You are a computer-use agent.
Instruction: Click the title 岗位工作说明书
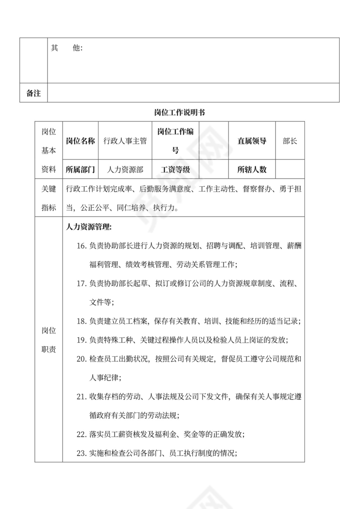coord(180,112)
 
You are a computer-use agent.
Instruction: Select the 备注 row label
coord(33,93)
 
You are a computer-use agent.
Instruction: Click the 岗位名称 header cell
coord(80,141)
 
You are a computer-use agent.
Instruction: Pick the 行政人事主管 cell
coord(125,141)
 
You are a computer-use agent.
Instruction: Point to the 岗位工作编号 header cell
coord(175,141)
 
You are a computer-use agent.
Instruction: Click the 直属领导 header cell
coord(252,141)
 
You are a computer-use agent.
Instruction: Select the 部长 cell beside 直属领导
coord(290,141)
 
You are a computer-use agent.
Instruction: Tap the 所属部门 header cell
coord(80,170)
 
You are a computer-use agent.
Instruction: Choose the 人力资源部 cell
coord(125,170)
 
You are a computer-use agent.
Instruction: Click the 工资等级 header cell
coord(175,170)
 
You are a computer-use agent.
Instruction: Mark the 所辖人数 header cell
coord(252,170)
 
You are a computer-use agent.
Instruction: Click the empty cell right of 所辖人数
coord(290,170)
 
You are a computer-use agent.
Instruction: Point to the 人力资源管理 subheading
coord(89,227)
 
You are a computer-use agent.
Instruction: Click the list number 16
coord(82,246)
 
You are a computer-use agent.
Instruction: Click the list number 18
coord(82,321)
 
